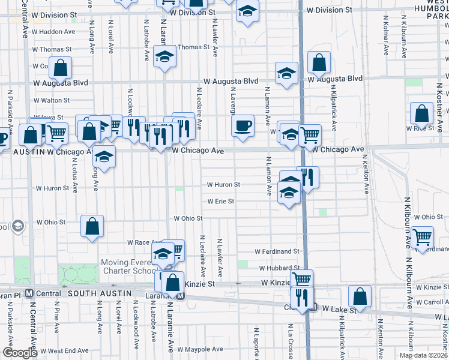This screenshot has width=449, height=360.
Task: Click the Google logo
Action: point(20,353)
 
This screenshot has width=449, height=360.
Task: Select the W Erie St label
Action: point(220,202)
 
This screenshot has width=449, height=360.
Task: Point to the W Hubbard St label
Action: point(279,268)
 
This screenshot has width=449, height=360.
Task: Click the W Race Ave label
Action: point(142,242)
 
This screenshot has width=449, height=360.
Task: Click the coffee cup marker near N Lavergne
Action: point(243,126)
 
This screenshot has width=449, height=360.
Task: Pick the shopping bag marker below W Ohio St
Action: point(92,226)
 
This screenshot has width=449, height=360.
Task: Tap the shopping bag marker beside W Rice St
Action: point(422,113)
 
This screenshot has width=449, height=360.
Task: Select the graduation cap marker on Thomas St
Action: point(164,56)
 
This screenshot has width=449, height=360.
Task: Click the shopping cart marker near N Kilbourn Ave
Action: point(423,237)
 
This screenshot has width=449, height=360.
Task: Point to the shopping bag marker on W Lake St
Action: point(359,296)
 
